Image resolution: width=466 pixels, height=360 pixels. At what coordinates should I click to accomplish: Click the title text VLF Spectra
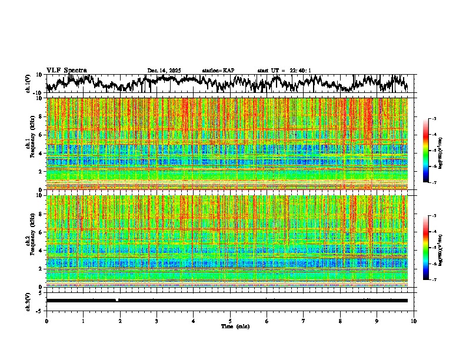click(x=66, y=70)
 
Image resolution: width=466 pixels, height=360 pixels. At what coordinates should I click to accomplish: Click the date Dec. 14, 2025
click(x=164, y=71)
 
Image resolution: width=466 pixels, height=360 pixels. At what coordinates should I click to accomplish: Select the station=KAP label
click(x=218, y=71)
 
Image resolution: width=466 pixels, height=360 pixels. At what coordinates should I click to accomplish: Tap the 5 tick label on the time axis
click(x=230, y=321)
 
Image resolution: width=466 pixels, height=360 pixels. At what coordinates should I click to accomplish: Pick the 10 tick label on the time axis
click(x=414, y=321)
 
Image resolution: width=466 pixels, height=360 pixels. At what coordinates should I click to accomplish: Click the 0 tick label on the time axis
click(x=46, y=321)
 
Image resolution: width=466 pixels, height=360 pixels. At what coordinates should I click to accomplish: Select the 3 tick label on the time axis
click(x=157, y=321)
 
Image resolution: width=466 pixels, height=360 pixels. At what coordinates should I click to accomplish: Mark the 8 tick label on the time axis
click(x=340, y=321)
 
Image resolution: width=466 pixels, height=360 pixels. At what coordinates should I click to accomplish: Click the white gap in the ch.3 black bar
click(x=117, y=300)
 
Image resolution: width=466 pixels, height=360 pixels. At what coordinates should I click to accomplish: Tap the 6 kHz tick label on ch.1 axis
click(x=41, y=135)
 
